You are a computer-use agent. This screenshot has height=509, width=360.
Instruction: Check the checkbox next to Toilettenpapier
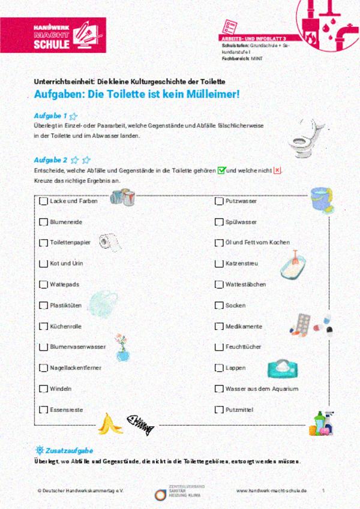(x=43, y=243)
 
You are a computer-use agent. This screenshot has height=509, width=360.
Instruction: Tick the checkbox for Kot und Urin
(x=43, y=264)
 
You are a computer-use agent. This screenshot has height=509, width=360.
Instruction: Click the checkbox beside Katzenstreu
(x=219, y=264)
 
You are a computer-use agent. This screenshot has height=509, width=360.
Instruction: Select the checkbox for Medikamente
(x=219, y=327)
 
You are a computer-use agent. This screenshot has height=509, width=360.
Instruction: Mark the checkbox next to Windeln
(x=43, y=388)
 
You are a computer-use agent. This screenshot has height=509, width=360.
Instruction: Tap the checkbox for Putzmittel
(x=219, y=410)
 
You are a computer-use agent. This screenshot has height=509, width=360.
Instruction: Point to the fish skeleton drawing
(x=140, y=425)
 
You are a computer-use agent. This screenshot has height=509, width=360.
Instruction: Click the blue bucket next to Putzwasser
(x=319, y=198)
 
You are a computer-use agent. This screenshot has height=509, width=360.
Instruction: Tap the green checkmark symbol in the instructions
(x=221, y=171)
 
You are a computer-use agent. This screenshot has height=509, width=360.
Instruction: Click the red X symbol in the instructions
(x=277, y=171)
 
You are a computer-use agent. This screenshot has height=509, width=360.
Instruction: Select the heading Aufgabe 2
(x=50, y=160)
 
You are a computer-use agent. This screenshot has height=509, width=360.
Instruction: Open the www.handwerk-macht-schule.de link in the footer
(x=271, y=490)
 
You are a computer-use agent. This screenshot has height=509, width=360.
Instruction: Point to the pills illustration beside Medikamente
(x=310, y=324)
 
